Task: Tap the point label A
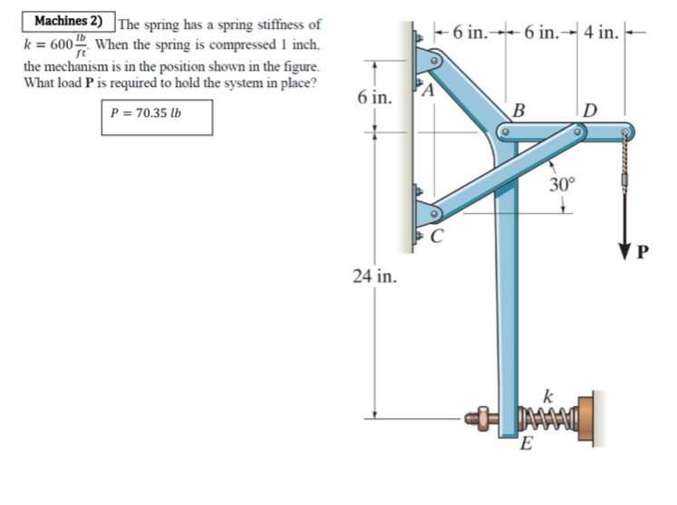point(428,92)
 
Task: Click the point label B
point(519,112)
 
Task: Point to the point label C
point(437,240)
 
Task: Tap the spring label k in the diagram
point(546,395)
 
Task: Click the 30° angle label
point(562,184)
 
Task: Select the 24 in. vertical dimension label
point(372,276)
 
